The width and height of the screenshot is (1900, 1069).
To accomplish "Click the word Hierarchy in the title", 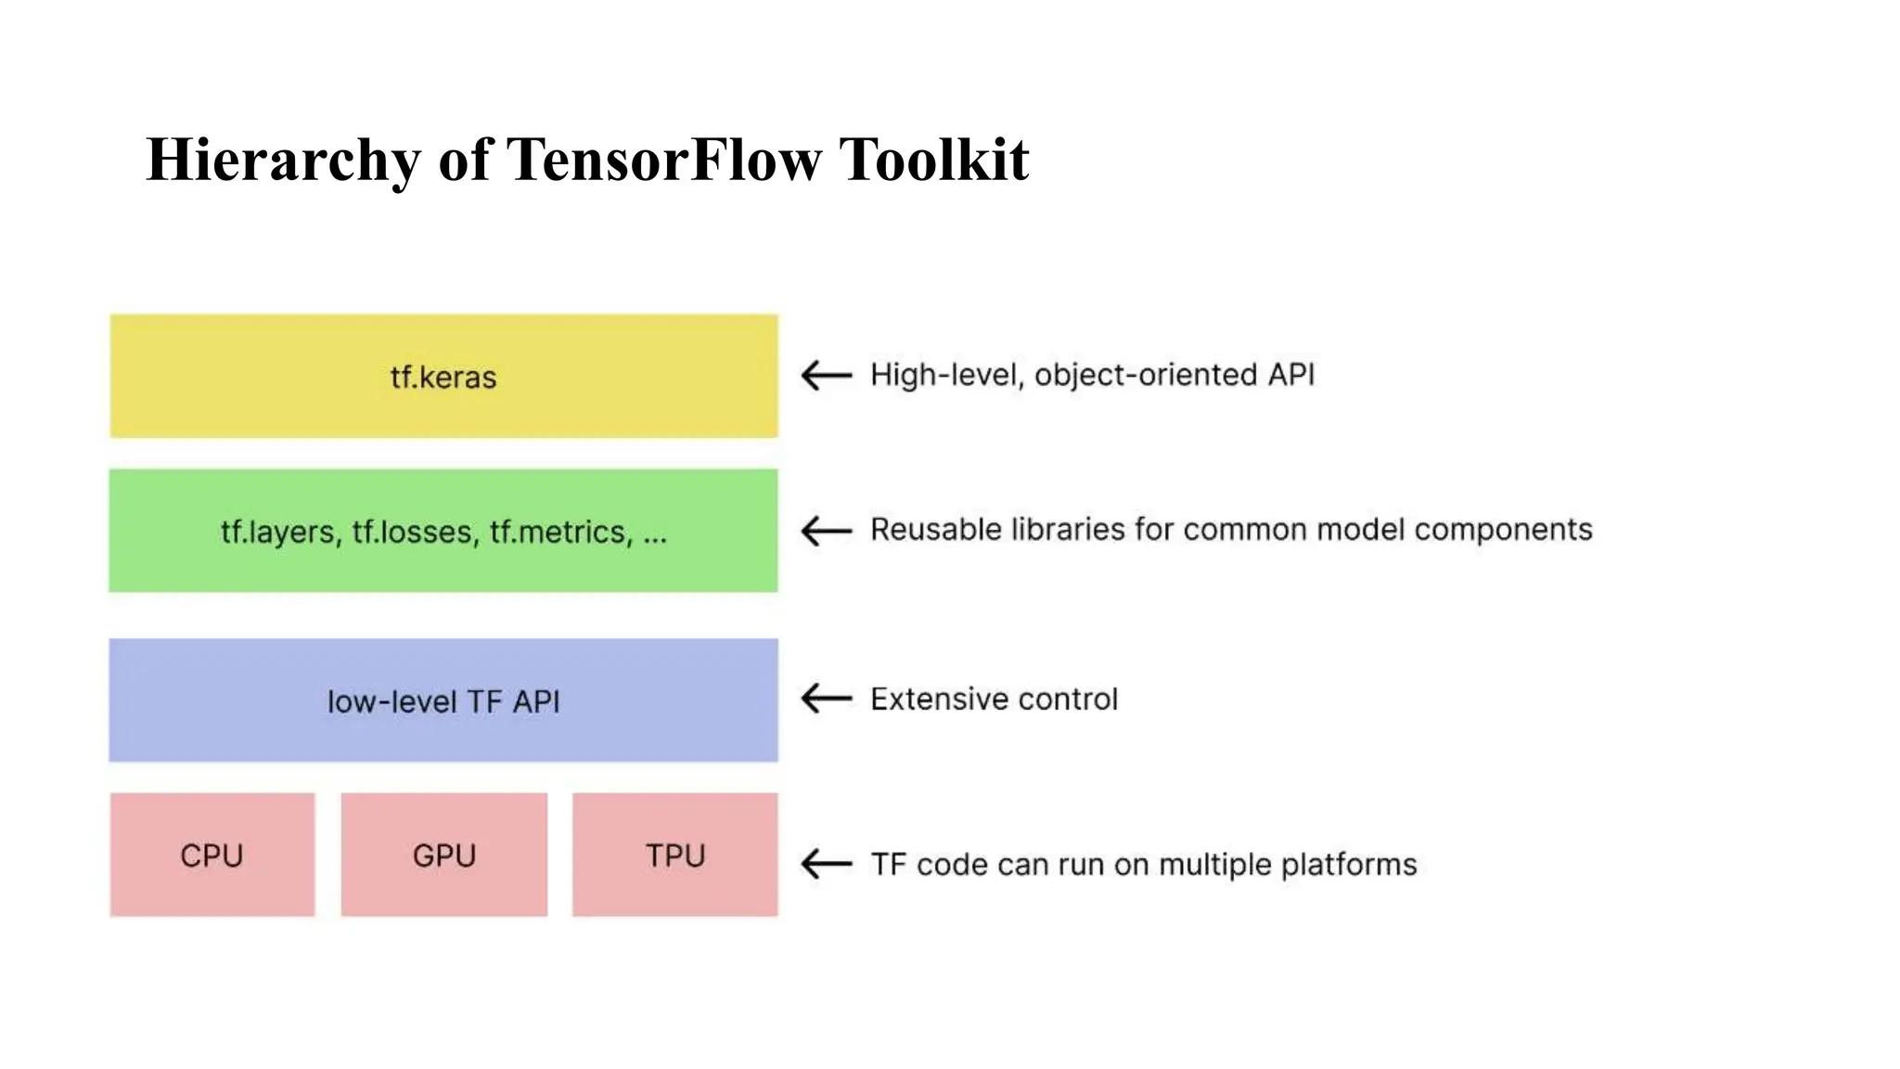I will (283, 160).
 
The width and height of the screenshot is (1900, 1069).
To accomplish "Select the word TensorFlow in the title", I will (664, 160).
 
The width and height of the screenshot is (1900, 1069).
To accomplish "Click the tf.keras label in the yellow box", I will (443, 378).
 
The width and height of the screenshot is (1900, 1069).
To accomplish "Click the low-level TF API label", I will (443, 702).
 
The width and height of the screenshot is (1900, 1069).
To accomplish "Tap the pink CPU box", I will (212, 855).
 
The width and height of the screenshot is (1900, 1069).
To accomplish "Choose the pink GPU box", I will (444, 855).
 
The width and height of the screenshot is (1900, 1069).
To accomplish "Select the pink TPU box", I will (675, 855).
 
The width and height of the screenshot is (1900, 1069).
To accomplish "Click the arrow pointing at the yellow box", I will (827, 376).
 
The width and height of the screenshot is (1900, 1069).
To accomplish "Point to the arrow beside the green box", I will (827, 531).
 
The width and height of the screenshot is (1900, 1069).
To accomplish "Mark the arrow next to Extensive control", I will (827, 699).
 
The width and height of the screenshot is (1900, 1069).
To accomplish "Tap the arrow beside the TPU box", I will (827, 864).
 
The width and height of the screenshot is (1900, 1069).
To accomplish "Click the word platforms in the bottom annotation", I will (1349, 865).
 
